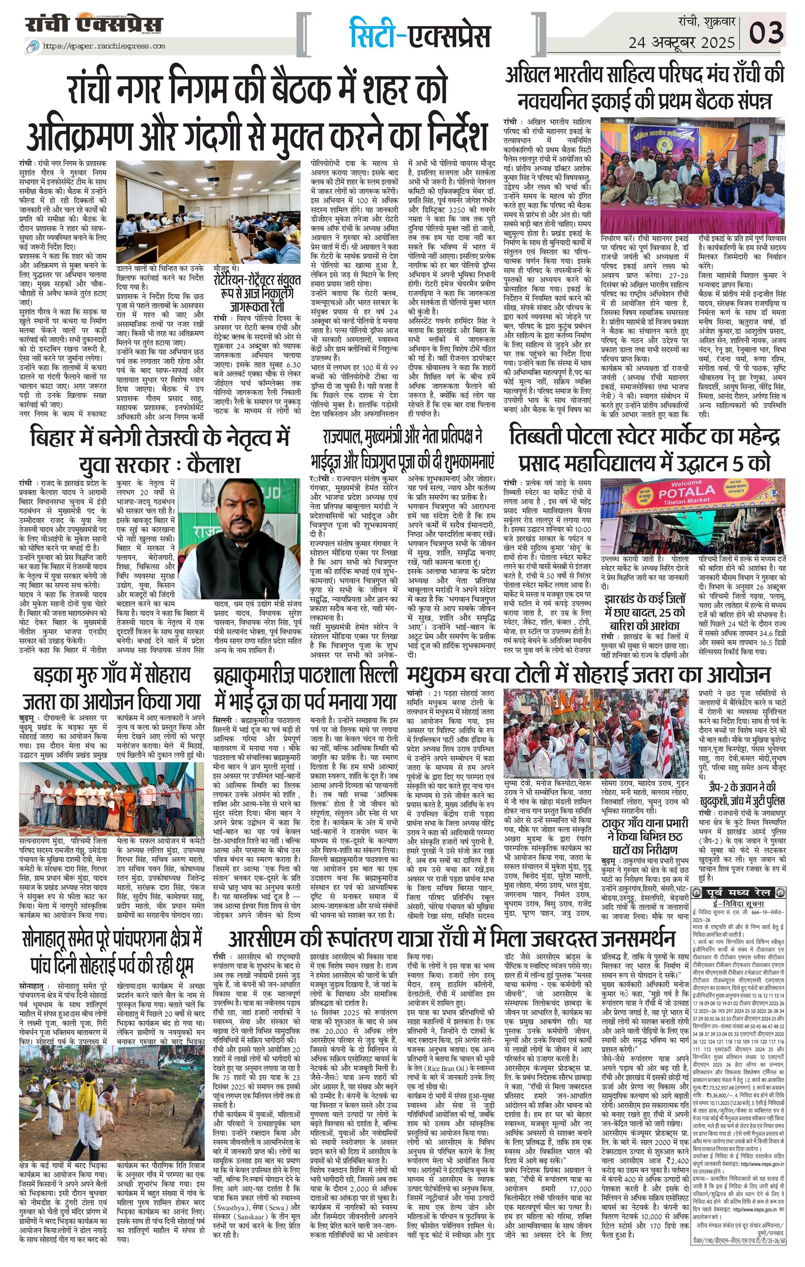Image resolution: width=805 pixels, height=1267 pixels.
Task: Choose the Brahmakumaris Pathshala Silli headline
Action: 305,689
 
